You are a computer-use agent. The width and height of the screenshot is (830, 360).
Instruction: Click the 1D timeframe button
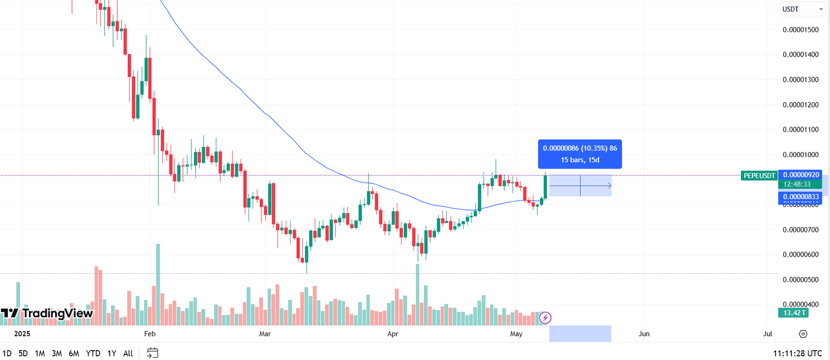pyautogui.click(x=7, y=353)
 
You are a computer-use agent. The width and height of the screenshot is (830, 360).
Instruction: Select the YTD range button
pyautogui.click(x=93, y=353)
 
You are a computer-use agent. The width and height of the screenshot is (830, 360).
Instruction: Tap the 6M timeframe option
pyautogui.click(x=74, y=353)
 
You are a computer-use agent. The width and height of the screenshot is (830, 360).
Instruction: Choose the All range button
pyautogui.click(x=128, y=353)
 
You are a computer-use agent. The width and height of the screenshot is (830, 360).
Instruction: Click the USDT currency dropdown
pyautogui.click(x=802, y=9)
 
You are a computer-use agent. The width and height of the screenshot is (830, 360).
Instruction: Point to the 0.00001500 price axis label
pyautogui.click(x=800, y=30)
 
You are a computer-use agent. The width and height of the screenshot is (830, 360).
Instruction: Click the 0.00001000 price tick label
pyautogui.click(x=800, y=155)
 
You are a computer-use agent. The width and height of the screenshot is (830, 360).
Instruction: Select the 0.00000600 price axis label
pyautogui.click(x=800, y=255)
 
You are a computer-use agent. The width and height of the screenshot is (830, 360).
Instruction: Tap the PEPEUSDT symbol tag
pyautogui.click(x=759, y=176)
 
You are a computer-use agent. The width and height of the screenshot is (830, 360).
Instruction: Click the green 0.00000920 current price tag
pyautogui.click(x=800, y=175)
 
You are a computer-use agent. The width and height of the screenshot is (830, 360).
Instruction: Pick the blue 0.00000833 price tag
pyautogui.click(x=800, y=197)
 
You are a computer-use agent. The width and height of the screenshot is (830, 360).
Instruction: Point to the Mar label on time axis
pyautogui.click(x=265, y=334)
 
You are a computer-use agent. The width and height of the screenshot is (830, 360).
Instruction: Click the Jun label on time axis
pyautogui.click(x=644, y=334)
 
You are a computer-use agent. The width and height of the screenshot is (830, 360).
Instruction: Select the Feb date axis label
pyautogui.click(x=150, y=334)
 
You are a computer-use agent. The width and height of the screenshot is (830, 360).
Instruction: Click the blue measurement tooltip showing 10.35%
pyautogui.click(x=579, y=154)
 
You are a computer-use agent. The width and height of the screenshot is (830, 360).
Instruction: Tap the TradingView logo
pyautogui.click(x=47, y=313)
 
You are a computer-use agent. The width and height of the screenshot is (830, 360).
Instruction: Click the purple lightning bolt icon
pyautogui.click(x=545, y=317)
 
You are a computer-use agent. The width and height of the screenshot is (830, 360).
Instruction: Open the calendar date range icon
pyautogui.click(x=153, y=353)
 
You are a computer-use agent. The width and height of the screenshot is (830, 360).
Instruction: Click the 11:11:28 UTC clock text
pyautogui.click(x=797, y=353)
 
